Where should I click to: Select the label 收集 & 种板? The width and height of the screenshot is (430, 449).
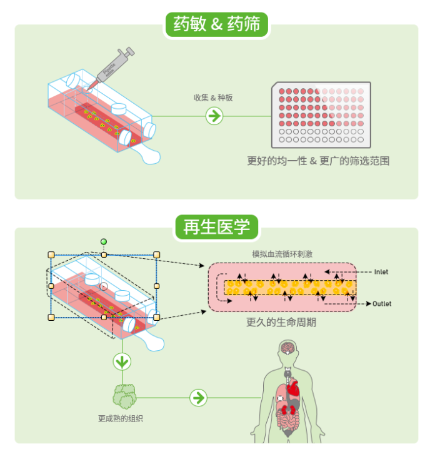pyautogui.click(x=213, y=98)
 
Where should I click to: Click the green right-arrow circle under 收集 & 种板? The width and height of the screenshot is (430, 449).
pyautogui.click(x=214, y=116)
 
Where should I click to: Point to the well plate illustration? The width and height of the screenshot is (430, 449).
pyautogui.click(x=320, y=114)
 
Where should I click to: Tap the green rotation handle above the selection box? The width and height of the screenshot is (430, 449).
pyautogui.click(x=104, y=241)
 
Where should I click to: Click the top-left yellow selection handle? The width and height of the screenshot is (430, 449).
pyautogui.click(x=51, y=255)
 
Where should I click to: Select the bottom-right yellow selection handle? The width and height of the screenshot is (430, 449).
pyautogui.click(x=156, y=318)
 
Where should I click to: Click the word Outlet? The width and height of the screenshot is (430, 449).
pyautogui.click(x=382, y=304)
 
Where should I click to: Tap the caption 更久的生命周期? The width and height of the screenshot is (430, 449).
pyautogui.click(x=281, y=323)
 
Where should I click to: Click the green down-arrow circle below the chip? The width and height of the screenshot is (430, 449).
pyautogui.click(x=122, y=361)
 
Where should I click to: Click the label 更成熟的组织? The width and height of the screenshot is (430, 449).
pyautogui.click(x=121, y=418)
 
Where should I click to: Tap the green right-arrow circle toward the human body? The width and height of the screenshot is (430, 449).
pyautogui.click(x=198, y=397)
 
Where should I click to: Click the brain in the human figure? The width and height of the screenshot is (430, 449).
pyautogui.click(x=287, y=348)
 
